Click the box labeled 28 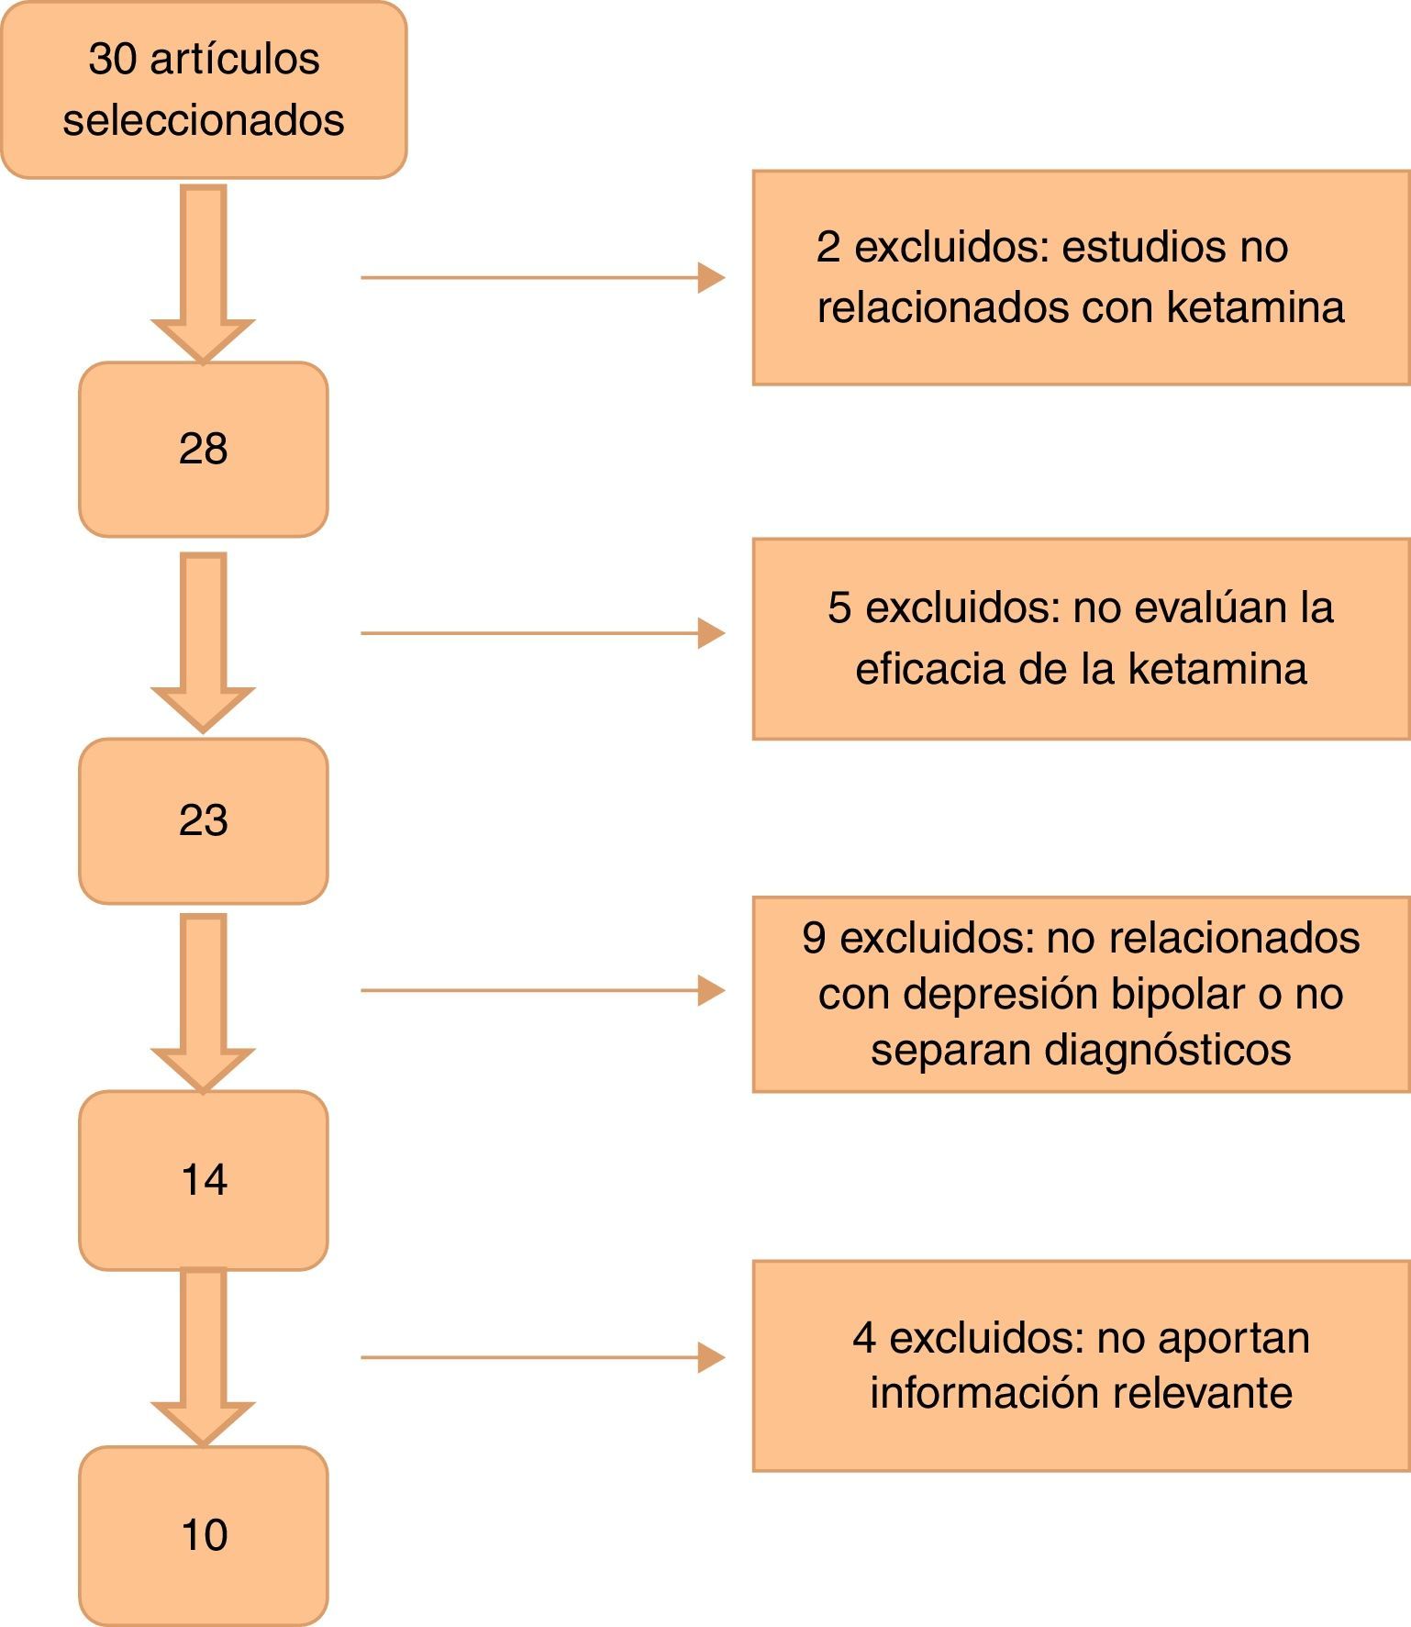pos(203,449)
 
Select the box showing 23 pos(203,820)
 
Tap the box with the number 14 pos(203,1180)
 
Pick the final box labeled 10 pos(203,1535)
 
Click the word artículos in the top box pos(235,60)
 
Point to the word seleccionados pos(204,120)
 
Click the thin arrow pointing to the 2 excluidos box pos(541,277)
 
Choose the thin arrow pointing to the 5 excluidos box pos(541,633)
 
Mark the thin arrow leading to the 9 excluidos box pos(541,991)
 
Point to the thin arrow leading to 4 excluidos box pos(541,1357)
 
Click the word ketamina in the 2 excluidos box pos(1255,307)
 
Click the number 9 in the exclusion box pos(814,938)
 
